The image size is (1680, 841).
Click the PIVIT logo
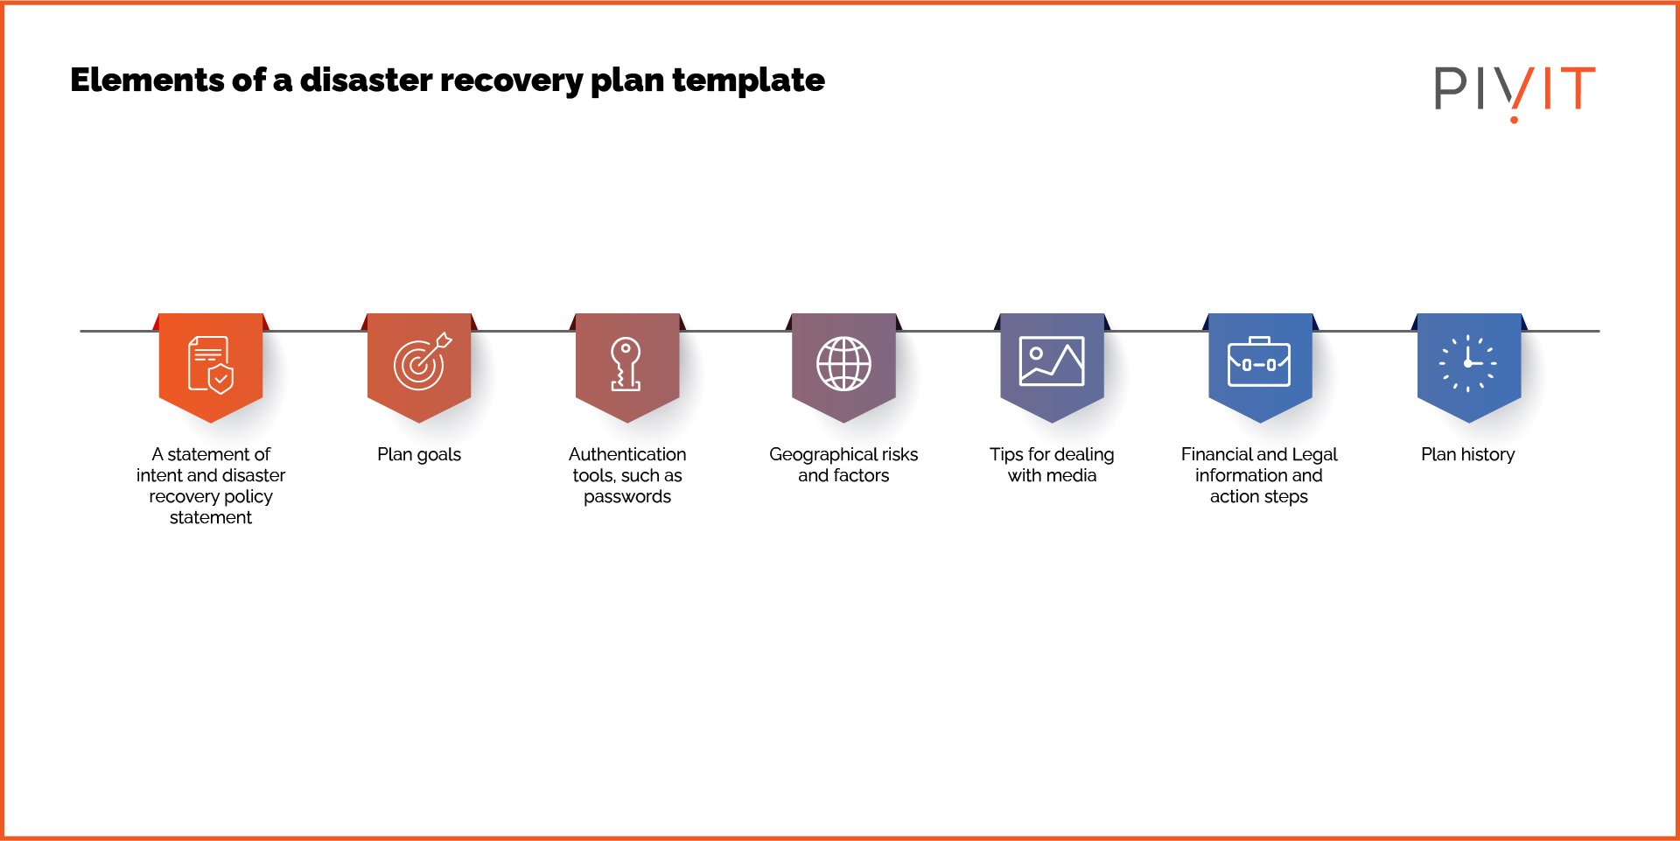[1514, 89]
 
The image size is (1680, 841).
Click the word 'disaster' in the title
[366, 81]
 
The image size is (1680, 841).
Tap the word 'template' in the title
[748, 81]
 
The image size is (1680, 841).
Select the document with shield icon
[211, 365]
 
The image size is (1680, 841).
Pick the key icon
[626, 363]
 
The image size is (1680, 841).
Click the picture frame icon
[1052, 361]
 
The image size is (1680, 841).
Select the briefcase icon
[1259, 362]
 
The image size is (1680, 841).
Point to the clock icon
[1468, 363]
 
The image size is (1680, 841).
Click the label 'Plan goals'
[419, 455]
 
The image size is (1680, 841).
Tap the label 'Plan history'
[1467, 455]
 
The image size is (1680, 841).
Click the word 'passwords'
[627, 497]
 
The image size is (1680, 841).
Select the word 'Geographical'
[823, 455]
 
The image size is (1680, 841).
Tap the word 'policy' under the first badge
[248, 497]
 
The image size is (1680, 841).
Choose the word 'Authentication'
[627, 455]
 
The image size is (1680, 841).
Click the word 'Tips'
[1005, 455]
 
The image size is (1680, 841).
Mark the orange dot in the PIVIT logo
[1514, 119]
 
